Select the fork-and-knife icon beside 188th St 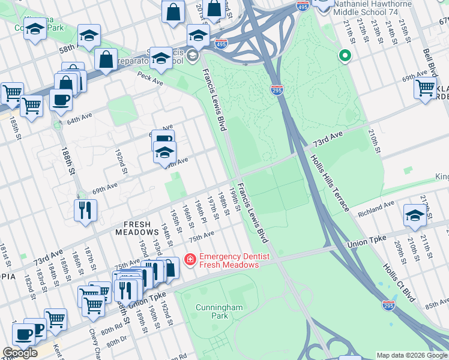pos(85,211)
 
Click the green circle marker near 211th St pos(345,56)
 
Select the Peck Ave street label pos(150,78)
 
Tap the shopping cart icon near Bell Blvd pos(425,88)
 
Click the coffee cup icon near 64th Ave pos(61,100)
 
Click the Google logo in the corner pos(20,353)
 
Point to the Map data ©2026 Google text pos(412,355)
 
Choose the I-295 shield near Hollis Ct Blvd pos(388,305)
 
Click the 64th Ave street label pos(81,121)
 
